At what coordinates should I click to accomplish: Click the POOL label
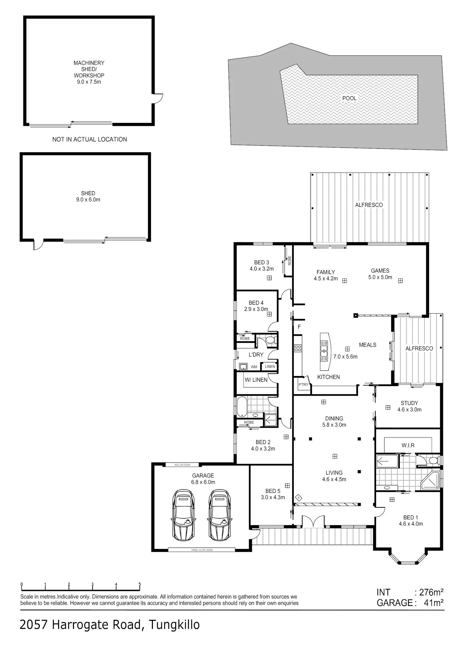(x=349, y=98)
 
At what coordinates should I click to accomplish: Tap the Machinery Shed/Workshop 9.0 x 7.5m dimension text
(x=89, y=82)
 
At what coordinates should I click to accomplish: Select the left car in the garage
(x=183, y=515)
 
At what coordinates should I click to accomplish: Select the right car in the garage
(x=219, y=515)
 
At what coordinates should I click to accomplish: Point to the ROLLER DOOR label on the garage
(x=182, y=465)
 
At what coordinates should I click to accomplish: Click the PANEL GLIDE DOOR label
(x=202, y=550)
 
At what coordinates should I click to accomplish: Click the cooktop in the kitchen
(x=298, y=348)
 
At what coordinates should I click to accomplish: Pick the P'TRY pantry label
(x=303, y=384)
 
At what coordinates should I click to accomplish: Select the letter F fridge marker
(x=299, y=327)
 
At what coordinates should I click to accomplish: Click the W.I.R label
(x=408, y=445)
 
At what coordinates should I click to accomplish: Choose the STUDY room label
(x=409, y=403)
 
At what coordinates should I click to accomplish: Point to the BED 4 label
(x=256, y=303)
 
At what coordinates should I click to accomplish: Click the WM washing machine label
(x=254, y=367)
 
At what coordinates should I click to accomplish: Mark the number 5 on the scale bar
(x=139, y=584)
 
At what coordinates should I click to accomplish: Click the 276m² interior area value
(x=431, y=592)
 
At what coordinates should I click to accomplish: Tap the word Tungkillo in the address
(x=174, y=625)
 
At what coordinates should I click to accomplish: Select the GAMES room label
(x=380, y=271)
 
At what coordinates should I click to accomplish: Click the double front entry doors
(x=313, y=522)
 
